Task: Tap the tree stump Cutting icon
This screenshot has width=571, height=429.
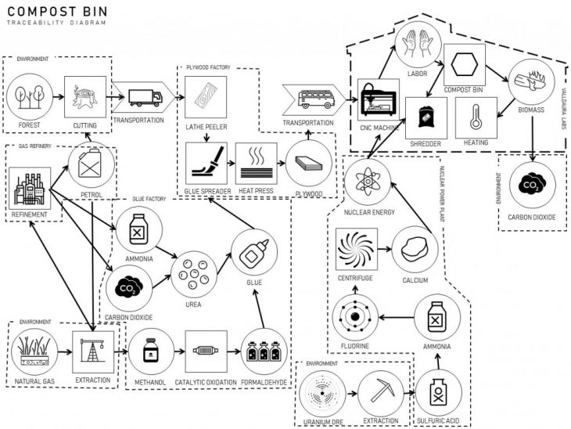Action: coord(84,97)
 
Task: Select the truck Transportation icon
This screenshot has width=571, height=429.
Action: coord(143,98)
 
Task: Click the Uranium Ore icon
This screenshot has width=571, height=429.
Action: coord(323,392)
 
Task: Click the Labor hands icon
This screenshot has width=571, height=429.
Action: coord(419,46)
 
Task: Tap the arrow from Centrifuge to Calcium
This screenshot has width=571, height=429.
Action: coord(384,251)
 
